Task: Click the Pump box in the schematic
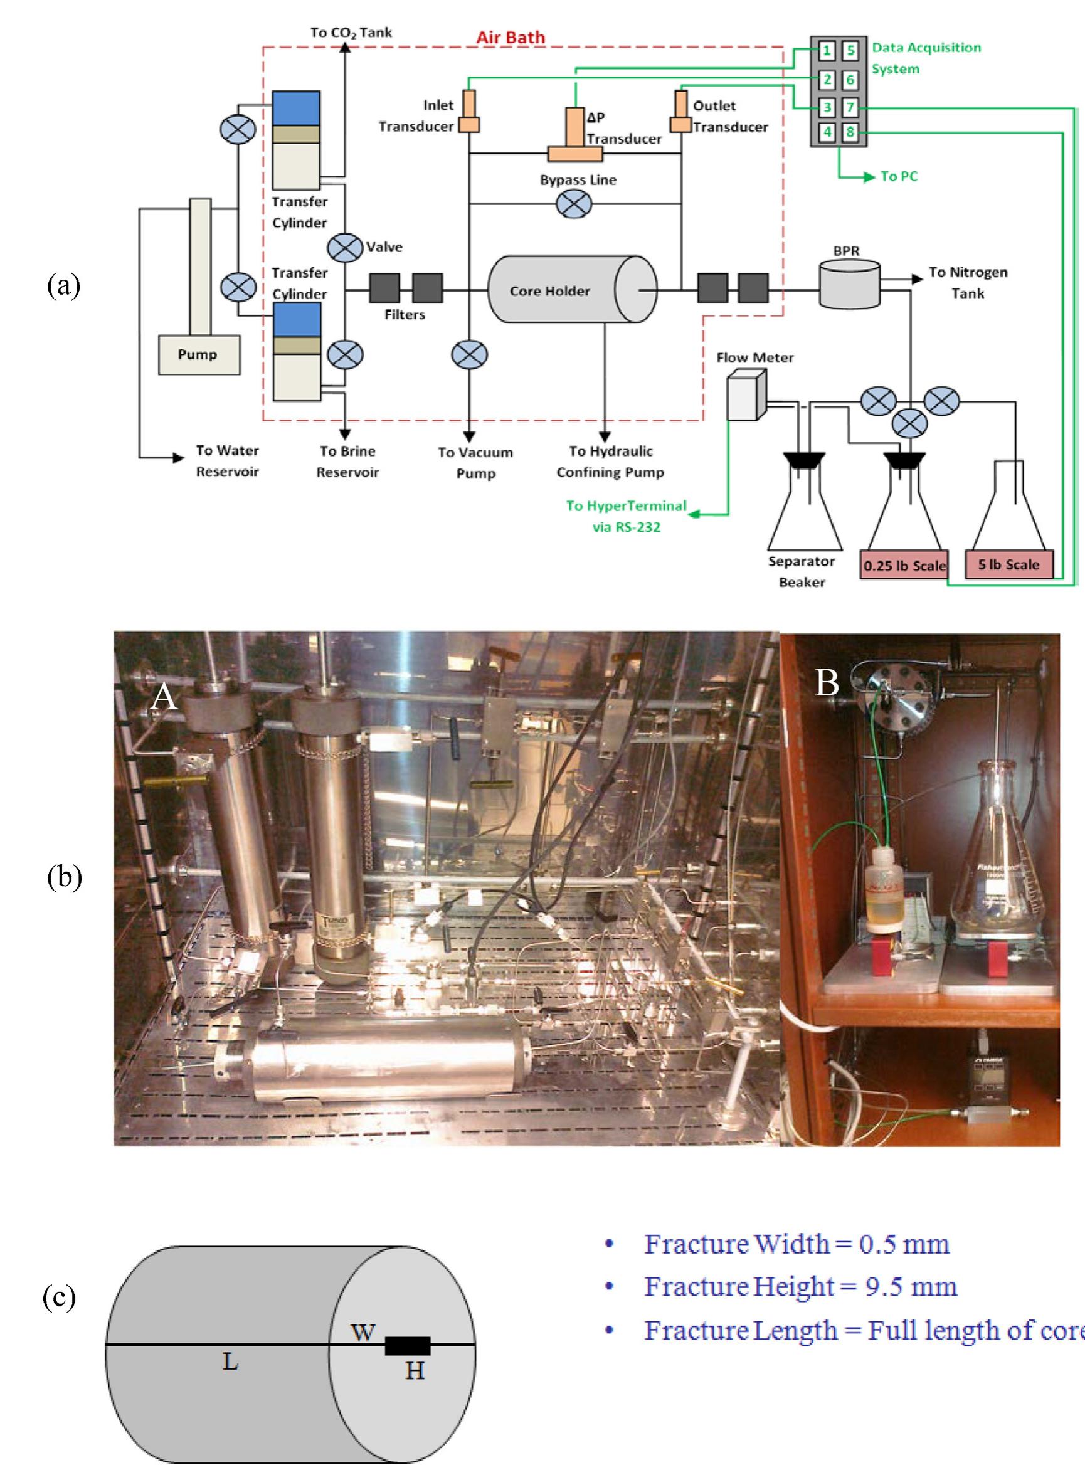click(x=198, y=354)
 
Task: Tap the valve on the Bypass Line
click(x=573, y=204)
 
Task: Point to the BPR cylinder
click(x=849, y=283)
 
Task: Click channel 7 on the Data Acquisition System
click(x=850, y=107)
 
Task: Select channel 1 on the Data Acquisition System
click(x=827, y=51)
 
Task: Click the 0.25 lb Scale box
click(x=904, y=566)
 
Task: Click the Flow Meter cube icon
click(x=746, y=394)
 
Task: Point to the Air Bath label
click(x=511, y=38)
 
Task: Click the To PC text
click(x=899, y=176)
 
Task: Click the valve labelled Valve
click(x=345, y=248)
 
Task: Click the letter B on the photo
click(x=826, y=682)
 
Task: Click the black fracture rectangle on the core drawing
click(x=407, y=1346)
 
